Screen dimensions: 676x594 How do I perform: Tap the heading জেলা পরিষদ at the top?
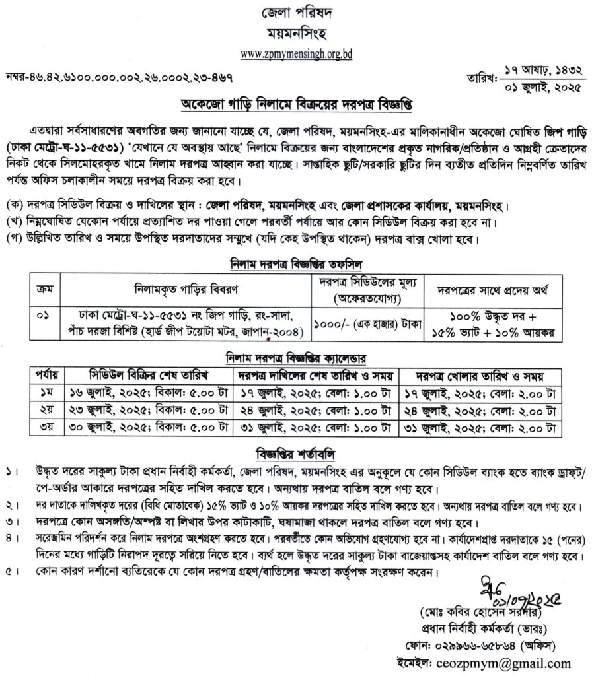(x=296, y=13)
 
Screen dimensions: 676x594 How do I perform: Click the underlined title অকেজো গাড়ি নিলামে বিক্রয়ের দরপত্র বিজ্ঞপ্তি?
(x=296, y=106)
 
